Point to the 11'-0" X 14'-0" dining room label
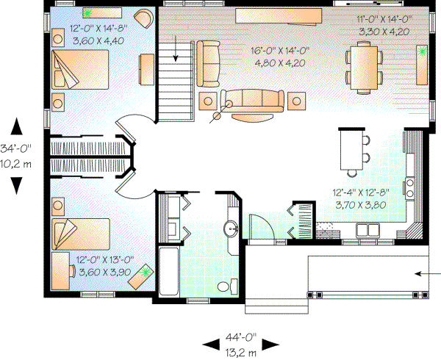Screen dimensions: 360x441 383,25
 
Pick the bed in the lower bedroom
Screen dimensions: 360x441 81,234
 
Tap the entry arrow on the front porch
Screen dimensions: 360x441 422,273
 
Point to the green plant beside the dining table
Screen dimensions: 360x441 423,51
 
